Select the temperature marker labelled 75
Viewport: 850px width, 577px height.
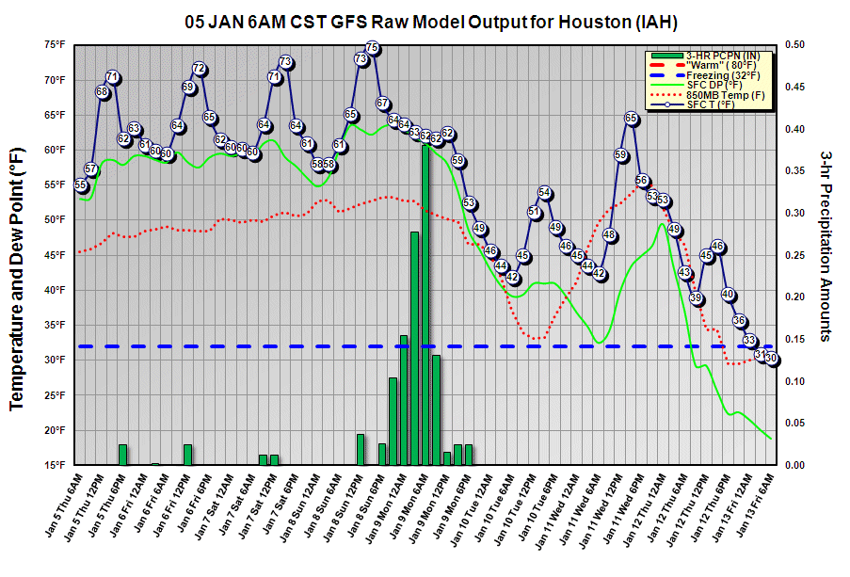point(372,47)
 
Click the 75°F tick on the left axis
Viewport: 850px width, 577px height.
point(53,44)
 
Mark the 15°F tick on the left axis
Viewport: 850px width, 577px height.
point(53,465)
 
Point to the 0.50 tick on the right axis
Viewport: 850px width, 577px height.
point(795,44)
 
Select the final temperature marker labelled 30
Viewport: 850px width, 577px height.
point(771,358)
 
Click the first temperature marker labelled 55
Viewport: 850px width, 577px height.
point(80,185)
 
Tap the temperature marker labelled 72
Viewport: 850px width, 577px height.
point(199,69)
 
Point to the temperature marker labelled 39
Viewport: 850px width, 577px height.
point(696,298)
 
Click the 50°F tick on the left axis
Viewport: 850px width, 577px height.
point(53,219)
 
